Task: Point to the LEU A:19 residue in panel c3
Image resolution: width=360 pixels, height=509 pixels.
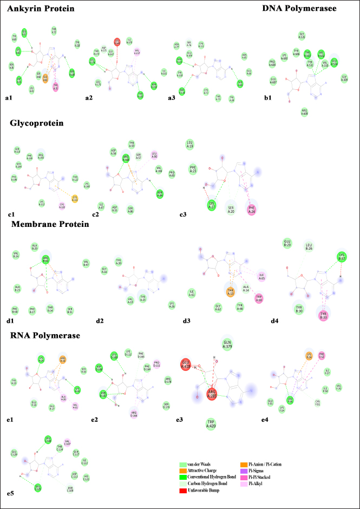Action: click(191, 144)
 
